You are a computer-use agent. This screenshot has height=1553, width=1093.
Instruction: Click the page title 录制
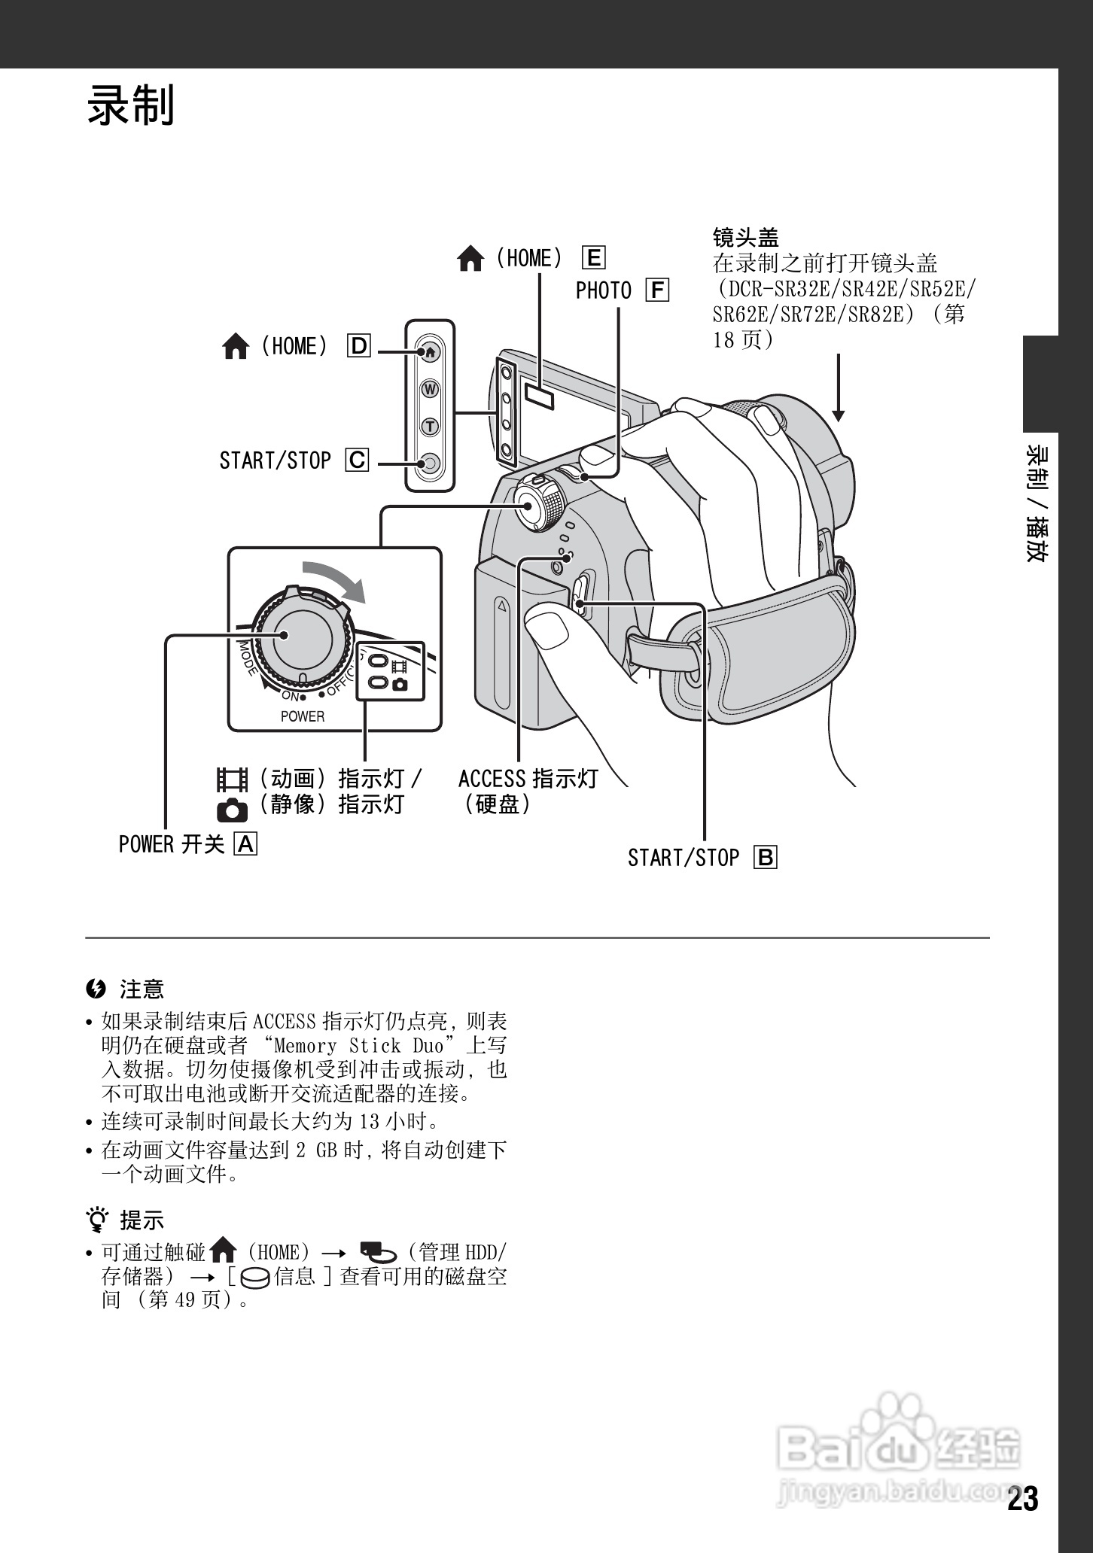pos(131,105)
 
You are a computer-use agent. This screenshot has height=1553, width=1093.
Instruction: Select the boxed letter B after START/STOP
pos(765,858)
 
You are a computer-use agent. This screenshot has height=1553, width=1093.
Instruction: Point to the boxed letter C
pos(357,460)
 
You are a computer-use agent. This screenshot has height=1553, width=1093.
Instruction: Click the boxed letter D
pos(359,346)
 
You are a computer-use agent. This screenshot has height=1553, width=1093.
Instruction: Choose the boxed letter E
pos(593,258)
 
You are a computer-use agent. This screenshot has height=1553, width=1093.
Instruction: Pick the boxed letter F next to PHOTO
pos(657,290)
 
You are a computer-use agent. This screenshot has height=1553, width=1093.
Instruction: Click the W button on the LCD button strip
pos(430,389)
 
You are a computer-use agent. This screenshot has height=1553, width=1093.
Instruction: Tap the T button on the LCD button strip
pos(430,426)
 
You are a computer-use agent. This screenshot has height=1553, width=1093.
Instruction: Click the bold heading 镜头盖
pos(745,238)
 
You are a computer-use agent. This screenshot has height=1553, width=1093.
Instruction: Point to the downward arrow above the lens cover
pos(838,388)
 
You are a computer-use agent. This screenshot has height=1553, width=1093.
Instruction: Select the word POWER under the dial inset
pos(303,716)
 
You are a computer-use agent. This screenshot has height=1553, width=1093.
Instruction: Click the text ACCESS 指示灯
pos(528,778)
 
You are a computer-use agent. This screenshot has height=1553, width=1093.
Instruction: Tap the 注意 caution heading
pos(141,989)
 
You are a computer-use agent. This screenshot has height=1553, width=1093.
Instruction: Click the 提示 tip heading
pos(141,1220)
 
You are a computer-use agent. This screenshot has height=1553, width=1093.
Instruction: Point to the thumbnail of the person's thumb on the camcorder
pos(547,628)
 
